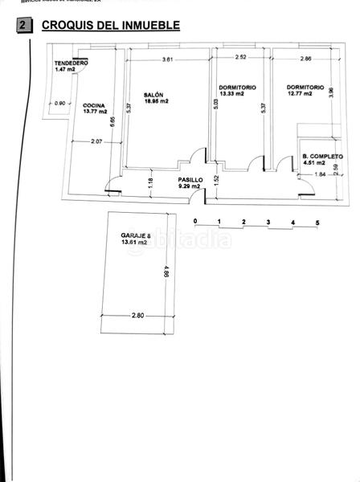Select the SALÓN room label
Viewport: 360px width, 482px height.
(155, 94)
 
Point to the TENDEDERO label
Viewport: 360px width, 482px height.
(71, 63)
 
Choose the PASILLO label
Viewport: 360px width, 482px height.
(190, 180)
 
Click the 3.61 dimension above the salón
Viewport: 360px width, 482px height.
(167, 59)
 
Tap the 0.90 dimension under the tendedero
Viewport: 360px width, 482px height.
(59, 102)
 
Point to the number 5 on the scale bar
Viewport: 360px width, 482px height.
(296, 221)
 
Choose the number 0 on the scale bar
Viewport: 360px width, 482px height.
(171, 221)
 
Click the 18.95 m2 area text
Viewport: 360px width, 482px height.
(157, 101)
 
